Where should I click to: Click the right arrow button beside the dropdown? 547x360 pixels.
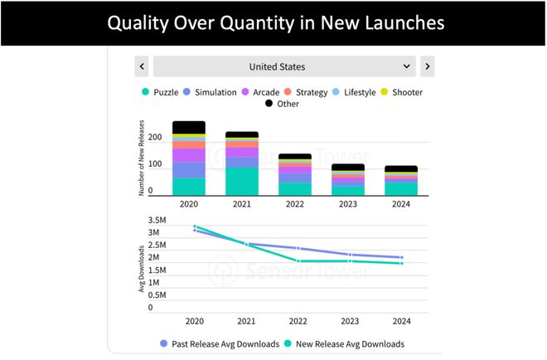427,66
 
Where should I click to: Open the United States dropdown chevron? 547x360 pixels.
406,66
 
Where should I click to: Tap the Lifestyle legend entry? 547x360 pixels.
359,92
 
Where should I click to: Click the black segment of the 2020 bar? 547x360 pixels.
189,127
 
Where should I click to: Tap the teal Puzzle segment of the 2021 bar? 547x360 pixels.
242,181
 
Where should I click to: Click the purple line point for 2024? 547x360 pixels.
401,258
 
